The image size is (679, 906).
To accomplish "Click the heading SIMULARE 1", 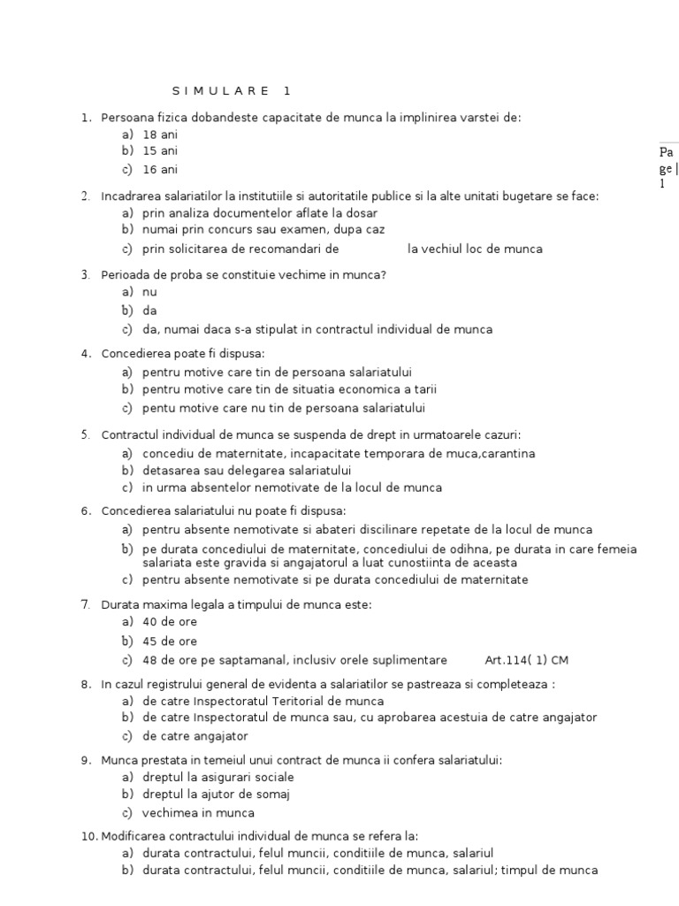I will (x=231, y=91).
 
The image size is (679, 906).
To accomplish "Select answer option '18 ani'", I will (x=160, y=134).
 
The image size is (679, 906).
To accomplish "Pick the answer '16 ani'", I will (x=160, y=169).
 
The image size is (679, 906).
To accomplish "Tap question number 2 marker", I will (x=85, y=196).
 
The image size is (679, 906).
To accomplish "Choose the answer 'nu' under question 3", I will (x=149, y=292).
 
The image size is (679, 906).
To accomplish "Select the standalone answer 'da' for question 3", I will (x=149, y=311).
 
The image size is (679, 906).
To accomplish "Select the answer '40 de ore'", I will (x=170, y=622).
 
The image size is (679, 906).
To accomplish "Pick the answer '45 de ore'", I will (x=170, y=641).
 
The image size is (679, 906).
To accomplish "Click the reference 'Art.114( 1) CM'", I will (x=527, y=660).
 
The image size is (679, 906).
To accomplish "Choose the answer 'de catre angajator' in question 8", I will (x=195, y=736).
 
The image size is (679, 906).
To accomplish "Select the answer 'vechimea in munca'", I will (x=198, y=813).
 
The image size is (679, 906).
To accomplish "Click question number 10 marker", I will (x=87, y=836).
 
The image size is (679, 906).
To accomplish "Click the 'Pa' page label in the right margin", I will (x=666, y=152).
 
